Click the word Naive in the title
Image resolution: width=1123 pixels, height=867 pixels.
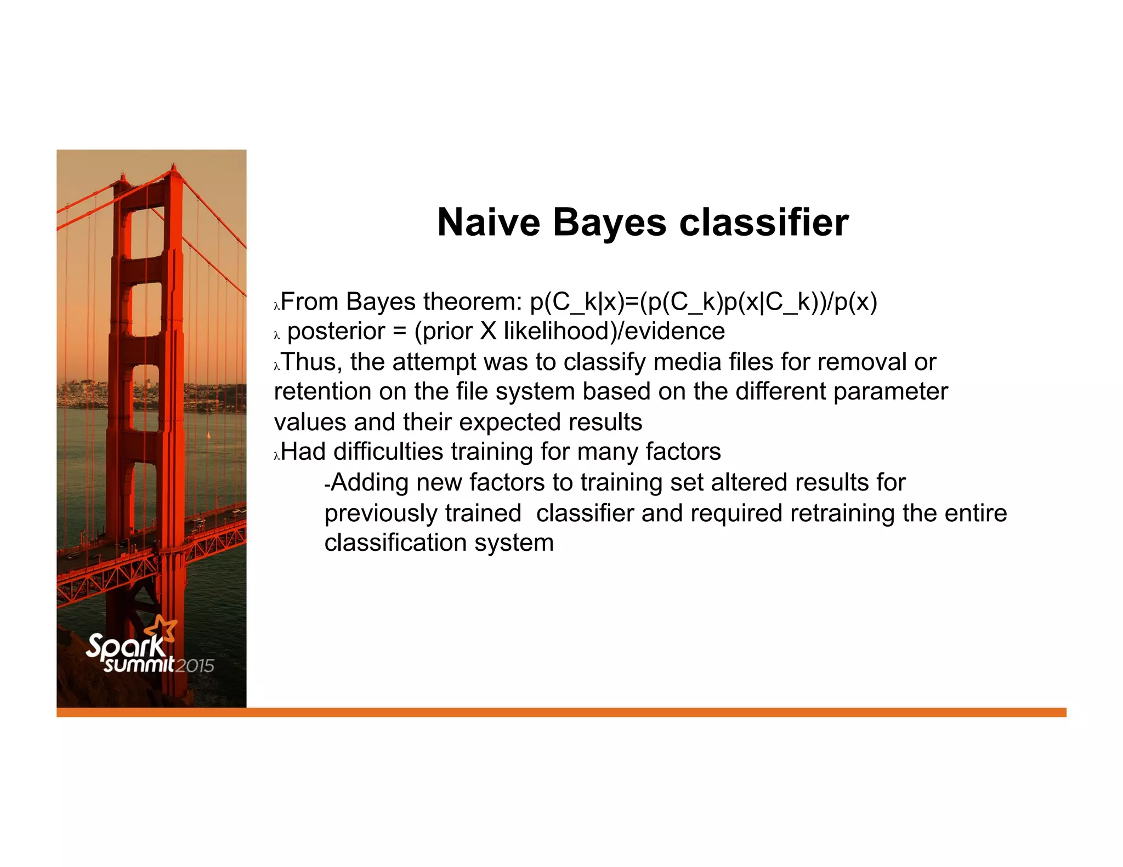(x=488, y=223)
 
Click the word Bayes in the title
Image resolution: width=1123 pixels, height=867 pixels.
(x=609, y=223)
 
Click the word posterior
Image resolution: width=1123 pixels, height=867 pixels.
(x=336, y=332)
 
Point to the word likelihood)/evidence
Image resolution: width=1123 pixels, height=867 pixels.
(x=614, y=332)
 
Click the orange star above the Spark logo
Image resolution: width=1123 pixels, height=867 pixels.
(x=163, y=628)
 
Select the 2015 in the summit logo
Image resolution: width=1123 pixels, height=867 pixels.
(x=195, y=666)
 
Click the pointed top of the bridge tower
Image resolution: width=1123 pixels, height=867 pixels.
(x=174, y=166)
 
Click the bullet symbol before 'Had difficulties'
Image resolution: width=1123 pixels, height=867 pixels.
(x=277, y=455)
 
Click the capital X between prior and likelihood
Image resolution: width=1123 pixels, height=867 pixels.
(x=488, y=332)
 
